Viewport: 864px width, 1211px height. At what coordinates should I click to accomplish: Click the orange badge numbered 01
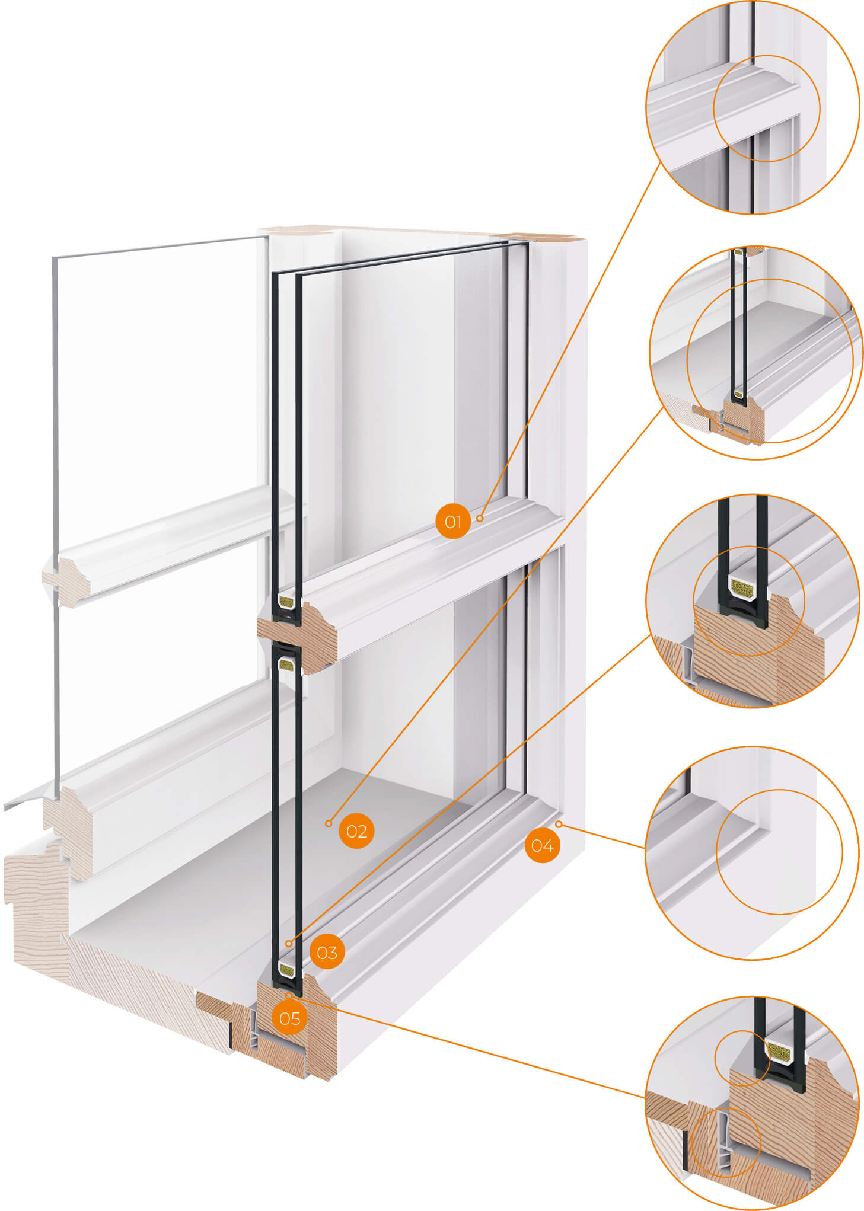452,522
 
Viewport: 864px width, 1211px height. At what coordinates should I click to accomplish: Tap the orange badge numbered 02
356,831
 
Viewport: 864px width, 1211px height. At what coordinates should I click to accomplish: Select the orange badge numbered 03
327,952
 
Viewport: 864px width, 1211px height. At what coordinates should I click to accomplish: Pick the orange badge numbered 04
542,845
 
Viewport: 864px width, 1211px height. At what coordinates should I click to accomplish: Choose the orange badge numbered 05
289,1018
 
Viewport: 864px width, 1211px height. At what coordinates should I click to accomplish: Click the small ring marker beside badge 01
479,518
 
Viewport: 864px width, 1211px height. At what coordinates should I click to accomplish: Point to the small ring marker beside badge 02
329,823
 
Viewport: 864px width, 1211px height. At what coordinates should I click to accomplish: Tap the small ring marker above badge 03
289,944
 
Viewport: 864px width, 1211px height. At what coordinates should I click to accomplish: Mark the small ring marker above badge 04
558,824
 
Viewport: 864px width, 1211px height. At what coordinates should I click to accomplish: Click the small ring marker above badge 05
289,995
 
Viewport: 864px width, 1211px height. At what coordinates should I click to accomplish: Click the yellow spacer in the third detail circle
742,588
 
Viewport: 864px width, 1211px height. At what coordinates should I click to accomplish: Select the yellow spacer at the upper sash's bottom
286,602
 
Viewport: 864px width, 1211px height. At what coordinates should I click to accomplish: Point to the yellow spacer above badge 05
286,970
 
